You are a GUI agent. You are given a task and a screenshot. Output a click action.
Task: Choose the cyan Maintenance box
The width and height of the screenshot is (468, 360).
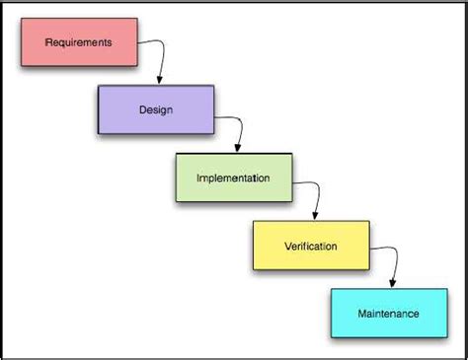coord(387,313)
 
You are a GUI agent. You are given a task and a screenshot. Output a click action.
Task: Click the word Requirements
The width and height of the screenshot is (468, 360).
coord(80,43)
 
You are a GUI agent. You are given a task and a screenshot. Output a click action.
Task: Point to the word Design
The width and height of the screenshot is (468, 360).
coord(156,109)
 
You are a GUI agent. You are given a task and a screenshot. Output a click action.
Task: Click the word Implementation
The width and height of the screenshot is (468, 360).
coord(233,179)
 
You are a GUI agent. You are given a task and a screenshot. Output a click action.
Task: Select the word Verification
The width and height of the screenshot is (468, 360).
coord(310,246)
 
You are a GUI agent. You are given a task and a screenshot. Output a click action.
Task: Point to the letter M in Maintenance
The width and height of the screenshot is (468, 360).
coord(362,314)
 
